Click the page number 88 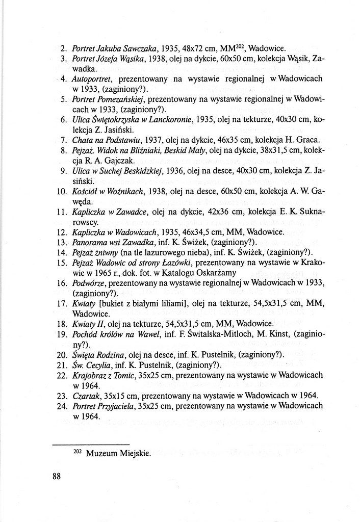(56, 477)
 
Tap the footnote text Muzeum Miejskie (119, 453)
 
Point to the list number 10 (63, 192)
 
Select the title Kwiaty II (89, 323)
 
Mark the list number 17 (63, 303)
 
